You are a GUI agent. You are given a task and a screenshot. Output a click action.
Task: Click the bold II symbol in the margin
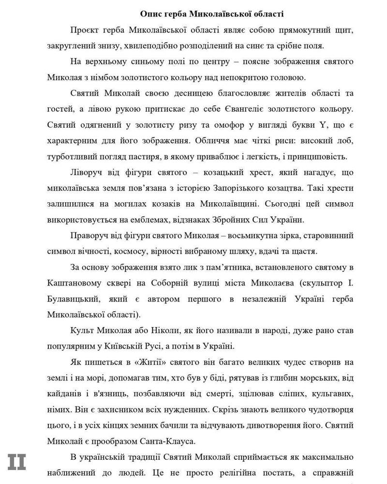16,462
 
